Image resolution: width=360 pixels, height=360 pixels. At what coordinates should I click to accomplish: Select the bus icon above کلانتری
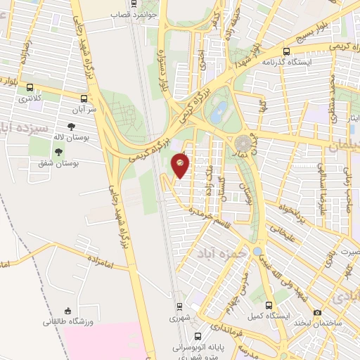[30, 88]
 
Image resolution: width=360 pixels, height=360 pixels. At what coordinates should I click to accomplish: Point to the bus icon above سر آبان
[84, 98]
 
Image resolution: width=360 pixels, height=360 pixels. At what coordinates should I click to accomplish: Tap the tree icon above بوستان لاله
[72, 127]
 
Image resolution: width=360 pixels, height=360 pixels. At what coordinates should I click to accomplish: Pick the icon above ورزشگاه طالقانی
[68, 311]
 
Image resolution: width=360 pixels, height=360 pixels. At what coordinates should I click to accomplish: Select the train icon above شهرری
[180, 307]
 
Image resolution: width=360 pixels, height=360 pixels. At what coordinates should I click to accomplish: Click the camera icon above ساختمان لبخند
[318, 312]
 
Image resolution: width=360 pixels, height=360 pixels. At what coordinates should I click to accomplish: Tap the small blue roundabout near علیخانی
[258, 251]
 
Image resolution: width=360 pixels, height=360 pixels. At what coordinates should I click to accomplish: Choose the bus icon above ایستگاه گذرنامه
[286, 51]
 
